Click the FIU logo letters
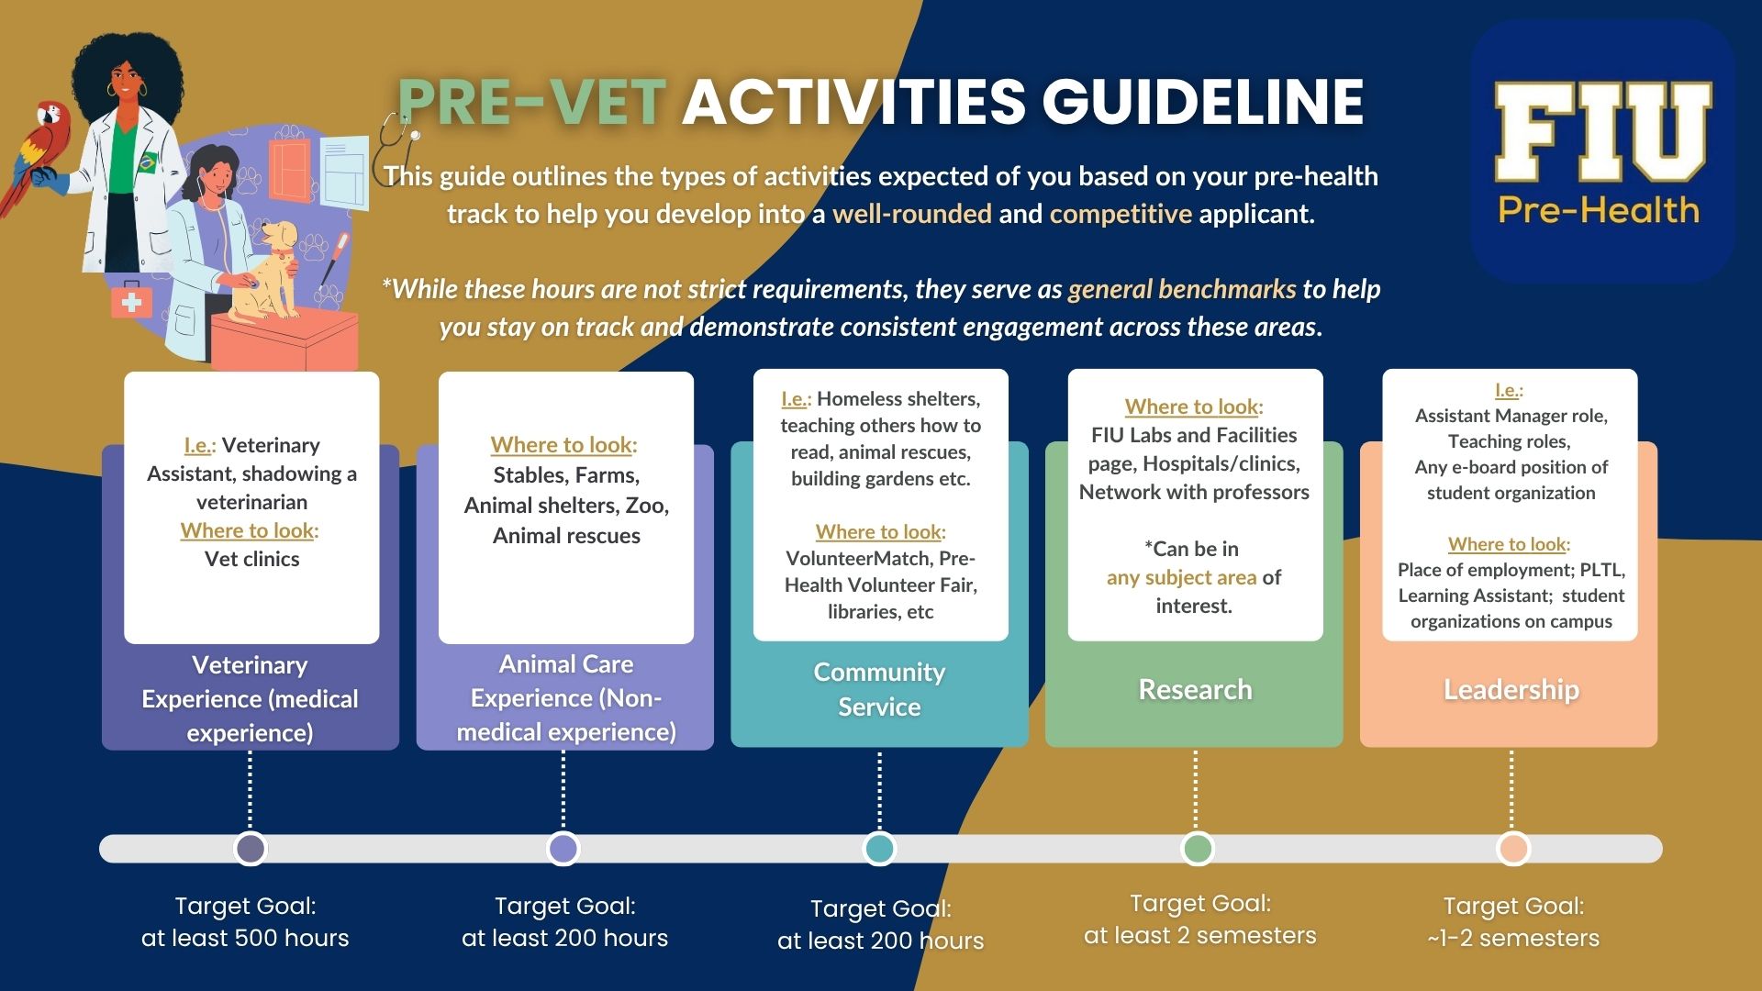click(1602, 132)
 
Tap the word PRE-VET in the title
click(531, 101)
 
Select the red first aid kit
click(131, 301)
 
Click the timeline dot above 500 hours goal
click(251, 849)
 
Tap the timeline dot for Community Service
click(880, 849)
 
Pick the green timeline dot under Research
click(1197, 849)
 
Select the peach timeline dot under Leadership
click(1512, 849)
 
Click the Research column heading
click(1195, 689)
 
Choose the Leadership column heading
click(1511, 689)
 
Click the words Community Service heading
click(879, 689)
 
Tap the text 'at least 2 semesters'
click(1200, 936)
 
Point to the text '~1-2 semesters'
click(1513, 938)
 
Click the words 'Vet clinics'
click(252, 559)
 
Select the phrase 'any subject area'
click(1181, 577)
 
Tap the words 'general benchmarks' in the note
click(1182, 289)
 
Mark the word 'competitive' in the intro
click(1121, 214)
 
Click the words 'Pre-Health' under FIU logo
click(1599, 210)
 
